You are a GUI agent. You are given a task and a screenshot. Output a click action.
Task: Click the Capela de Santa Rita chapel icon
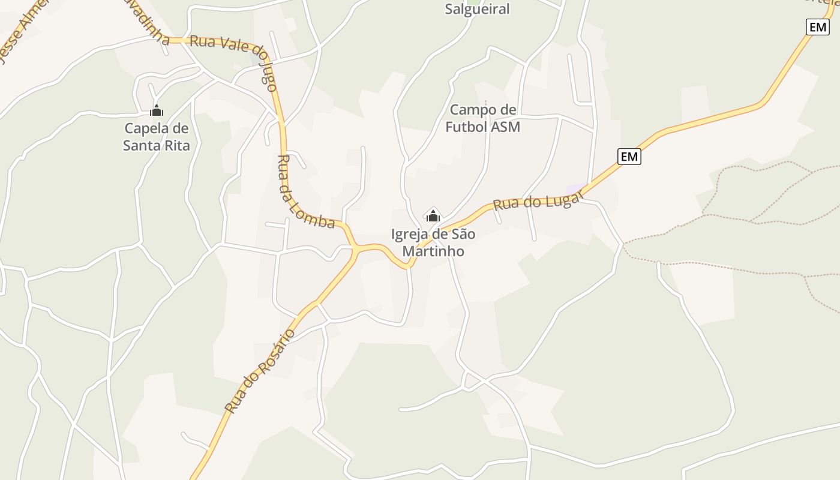(157, 111)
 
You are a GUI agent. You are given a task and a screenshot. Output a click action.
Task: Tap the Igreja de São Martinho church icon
(433, 215)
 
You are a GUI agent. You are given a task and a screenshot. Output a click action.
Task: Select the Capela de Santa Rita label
(157, 137)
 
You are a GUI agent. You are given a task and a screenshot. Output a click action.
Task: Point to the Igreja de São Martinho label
(433, 242)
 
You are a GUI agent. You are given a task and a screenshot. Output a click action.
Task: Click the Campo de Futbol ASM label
(482, 118)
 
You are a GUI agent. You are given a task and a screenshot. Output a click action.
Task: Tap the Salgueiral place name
(478, 9)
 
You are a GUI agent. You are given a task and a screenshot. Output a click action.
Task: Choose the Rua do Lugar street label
(537, 200)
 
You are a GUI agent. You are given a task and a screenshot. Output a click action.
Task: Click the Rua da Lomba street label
(305, 193)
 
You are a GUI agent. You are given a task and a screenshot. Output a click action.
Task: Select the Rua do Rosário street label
(260, 370)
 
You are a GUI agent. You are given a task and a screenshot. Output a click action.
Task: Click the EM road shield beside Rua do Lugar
(629, 157)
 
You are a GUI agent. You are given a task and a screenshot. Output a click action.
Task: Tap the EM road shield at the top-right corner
(817, 27)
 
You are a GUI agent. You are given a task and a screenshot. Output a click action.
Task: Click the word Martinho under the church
(433, 251)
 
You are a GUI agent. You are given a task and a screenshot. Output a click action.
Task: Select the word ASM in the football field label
(506, 127)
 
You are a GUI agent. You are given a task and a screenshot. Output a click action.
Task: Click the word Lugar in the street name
(562, 197)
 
